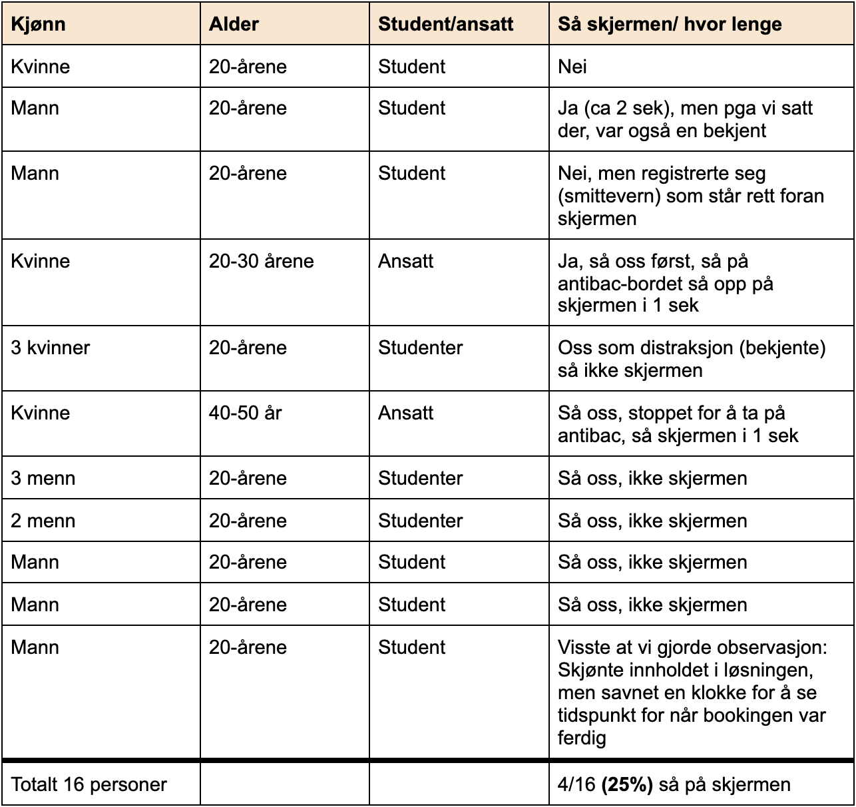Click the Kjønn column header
click(x=38, y=25)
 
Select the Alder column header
click(x=234, y=25)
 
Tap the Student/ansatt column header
click(x=445, y=25)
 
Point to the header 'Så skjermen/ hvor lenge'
click(x=670, y=25)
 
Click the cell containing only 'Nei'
click(x=572, y=67)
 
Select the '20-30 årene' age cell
click(x=261, y=261)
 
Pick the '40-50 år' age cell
click(x=245, y=413)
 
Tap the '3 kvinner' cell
click(x=50, y=348)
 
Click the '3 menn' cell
click(x=43, y=478)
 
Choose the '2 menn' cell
click(x=43, y=521)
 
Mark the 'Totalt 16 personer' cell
click(x=89, y=784)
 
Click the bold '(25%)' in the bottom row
click(x=627, y=784)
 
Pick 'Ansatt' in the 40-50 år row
click(x=405, y=413)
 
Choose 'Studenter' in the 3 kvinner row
click(x=420, y=348)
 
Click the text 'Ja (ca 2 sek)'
click(x=615, y=108)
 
